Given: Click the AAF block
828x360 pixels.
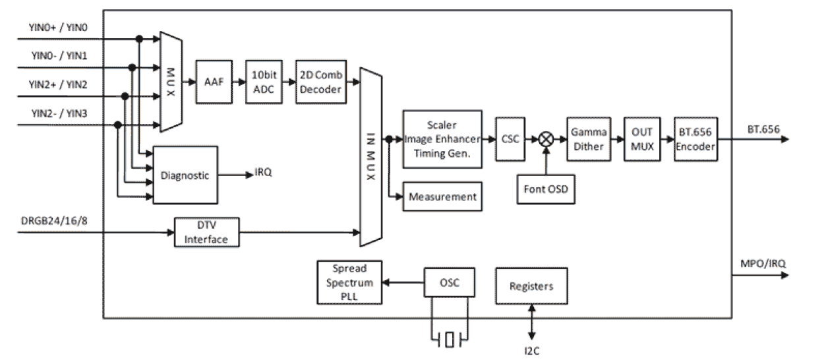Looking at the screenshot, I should (214, 81).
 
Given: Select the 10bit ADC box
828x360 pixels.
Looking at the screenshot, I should (264, 81).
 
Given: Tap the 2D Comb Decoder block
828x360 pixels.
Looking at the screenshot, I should (320, 81).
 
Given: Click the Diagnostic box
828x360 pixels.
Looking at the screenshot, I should (185, 175).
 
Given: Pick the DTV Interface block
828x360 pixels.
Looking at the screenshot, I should (207, 232).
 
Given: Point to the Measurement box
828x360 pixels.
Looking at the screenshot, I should (442, 196).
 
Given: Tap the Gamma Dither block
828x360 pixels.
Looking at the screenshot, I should (587, 139).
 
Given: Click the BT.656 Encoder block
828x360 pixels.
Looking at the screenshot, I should (695, 139).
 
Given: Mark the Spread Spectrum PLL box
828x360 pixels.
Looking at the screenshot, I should (349, 282).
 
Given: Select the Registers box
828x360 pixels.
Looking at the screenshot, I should (531, 286).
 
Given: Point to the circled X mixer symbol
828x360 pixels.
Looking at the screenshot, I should (546, 139).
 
